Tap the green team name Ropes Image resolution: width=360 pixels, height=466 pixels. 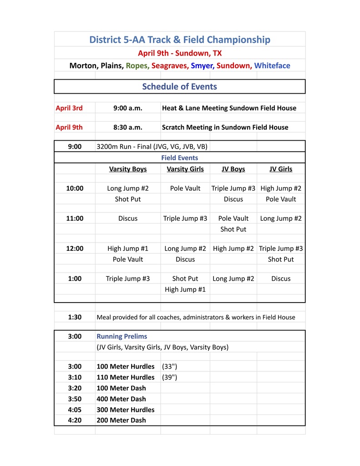click(137, 66)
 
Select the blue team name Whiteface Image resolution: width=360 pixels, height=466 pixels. click(272, 66)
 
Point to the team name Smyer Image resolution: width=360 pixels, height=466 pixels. click(203, 66)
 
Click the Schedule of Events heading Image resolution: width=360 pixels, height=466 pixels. click(179, 86)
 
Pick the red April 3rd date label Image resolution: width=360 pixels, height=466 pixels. click(69, 108)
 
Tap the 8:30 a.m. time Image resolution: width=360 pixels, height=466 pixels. click(128, 127)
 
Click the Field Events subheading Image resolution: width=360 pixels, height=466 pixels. click(179, 158)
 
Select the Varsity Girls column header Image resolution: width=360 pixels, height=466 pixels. click(185, 169)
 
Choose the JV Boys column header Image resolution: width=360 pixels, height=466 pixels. click(233, 169)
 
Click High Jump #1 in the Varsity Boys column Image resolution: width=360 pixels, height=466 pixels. click(128, 248)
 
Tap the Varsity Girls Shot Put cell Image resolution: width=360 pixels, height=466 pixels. click(185, 279)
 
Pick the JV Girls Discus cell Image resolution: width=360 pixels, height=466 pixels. click(281, 279)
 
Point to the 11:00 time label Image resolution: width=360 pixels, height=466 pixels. click(75, 218)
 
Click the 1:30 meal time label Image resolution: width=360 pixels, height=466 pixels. click(75, 317)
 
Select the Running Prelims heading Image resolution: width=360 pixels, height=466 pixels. click(122, 336)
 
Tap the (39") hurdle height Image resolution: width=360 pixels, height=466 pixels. click(170, 377)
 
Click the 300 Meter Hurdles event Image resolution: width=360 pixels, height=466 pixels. click(126, 410)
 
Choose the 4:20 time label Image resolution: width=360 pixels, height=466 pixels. click(75, 420)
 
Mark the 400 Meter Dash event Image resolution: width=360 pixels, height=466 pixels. click(121, 399)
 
